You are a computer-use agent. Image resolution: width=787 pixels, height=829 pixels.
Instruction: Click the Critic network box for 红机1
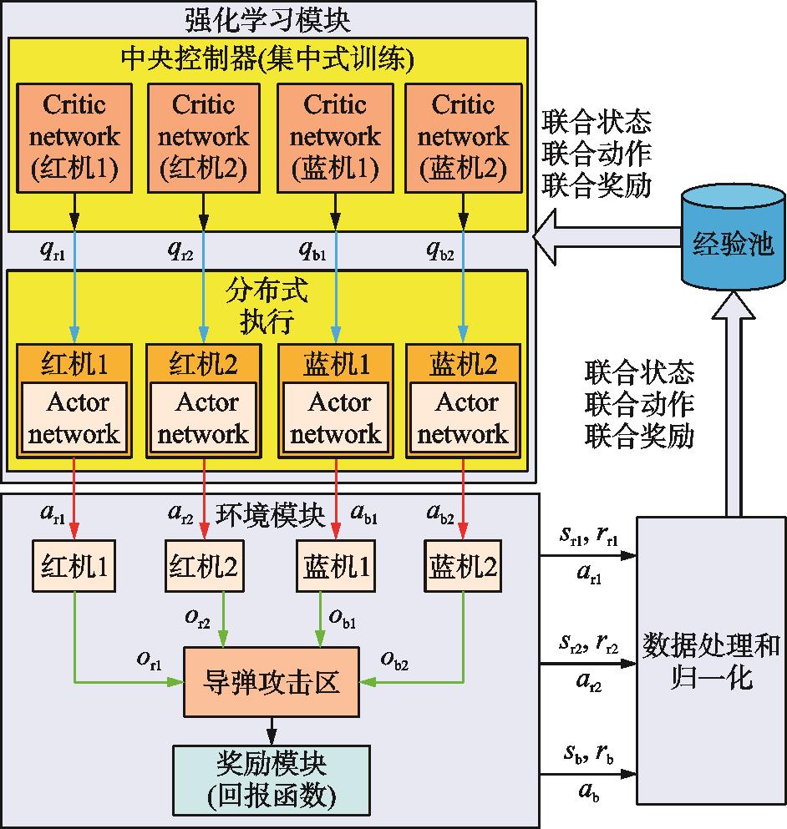tap(74, 138)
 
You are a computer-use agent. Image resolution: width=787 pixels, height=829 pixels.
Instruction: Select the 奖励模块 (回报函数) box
tap(271, 779)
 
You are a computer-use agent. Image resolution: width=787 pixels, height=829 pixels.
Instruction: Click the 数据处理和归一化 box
tap(711, 660)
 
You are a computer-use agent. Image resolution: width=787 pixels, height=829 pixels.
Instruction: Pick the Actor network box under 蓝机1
tap(334, 417)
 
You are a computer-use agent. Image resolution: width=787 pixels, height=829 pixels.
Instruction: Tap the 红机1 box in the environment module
tap(74, 568)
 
